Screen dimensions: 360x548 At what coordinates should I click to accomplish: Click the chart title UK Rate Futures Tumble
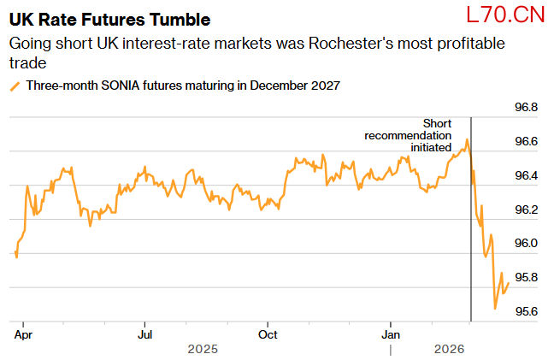pos(109,19)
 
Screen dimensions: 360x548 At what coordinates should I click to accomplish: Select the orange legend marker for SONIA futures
pos(15,86)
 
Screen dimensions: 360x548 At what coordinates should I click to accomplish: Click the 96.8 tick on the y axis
pos(525,108)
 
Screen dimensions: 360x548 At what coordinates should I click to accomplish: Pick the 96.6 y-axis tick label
pos(525,141)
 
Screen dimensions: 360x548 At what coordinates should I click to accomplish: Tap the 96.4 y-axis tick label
pos(525,175)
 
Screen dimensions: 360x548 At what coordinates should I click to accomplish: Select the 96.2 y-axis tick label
pos(525,210)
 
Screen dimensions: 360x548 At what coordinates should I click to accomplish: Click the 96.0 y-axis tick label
pos(525,244)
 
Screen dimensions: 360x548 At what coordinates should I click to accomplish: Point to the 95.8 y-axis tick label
pos(525,278)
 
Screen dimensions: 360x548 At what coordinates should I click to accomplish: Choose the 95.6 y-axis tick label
pos(525,311)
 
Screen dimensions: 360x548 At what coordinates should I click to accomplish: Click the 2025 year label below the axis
pos(203,349)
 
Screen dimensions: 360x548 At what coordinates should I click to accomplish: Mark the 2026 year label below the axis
pos(449,349)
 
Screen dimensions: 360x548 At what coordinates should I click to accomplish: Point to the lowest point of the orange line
pos(496,308)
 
